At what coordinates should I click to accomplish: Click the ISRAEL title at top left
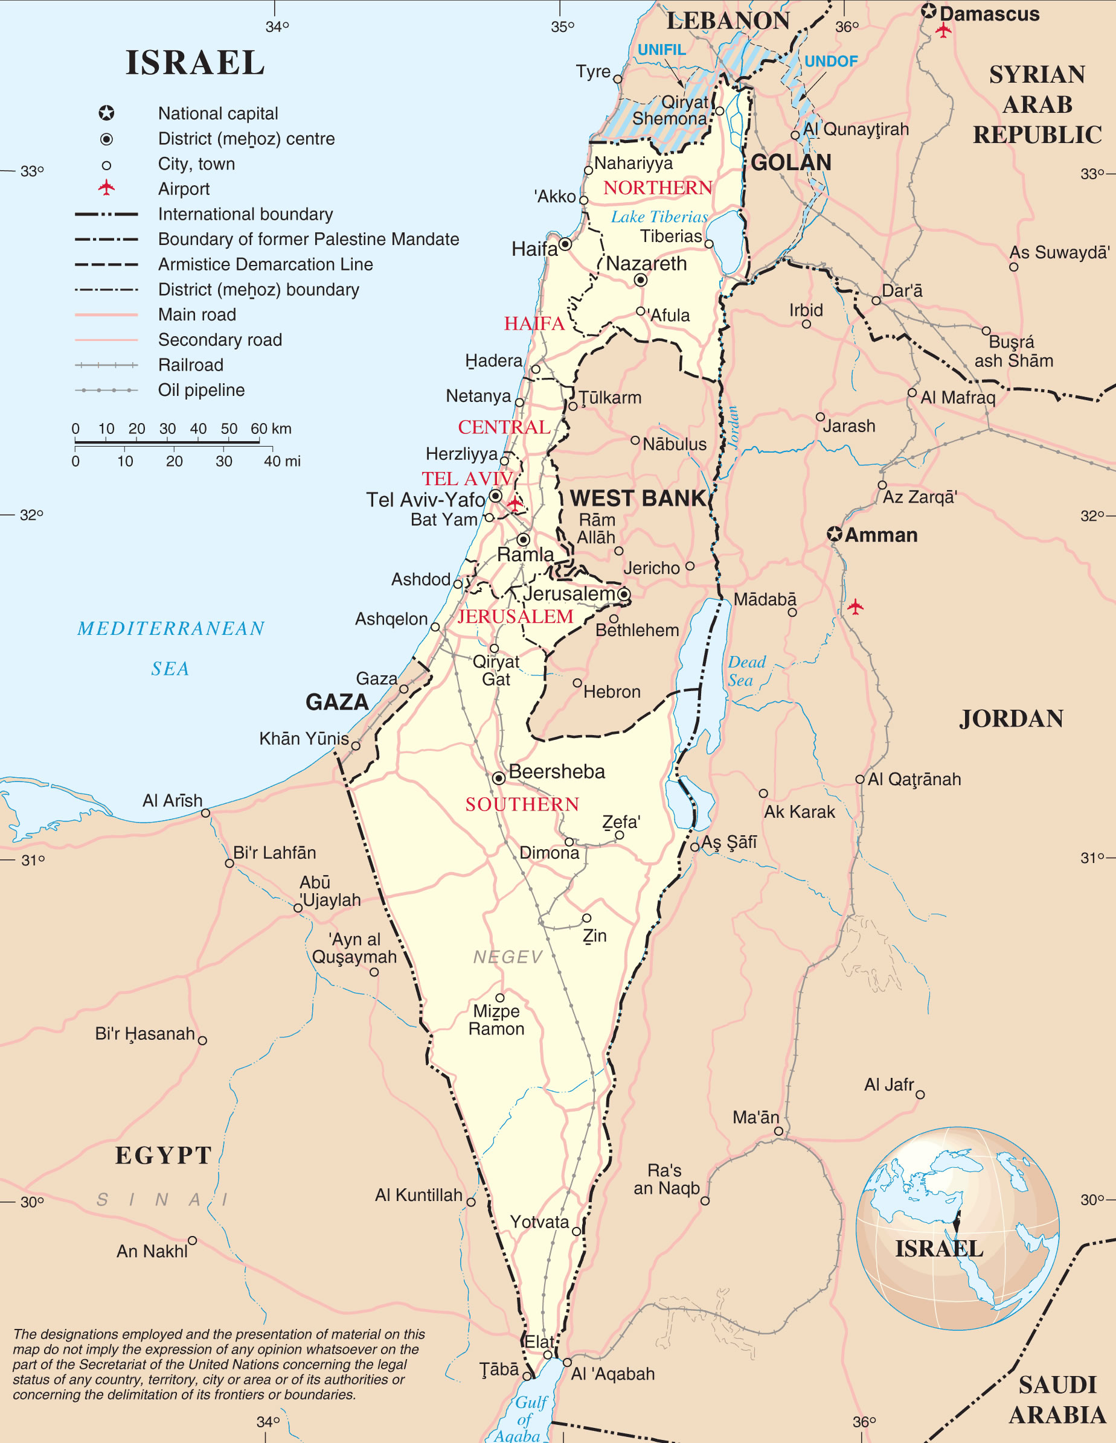pos(195,63)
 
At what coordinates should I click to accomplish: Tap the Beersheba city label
pos(556,771)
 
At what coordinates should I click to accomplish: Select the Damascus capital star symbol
pos(929,11)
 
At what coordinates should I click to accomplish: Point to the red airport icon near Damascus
pos(943,30)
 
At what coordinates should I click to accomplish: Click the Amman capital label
pos(880,535)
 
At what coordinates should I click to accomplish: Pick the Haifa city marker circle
pos(565,244)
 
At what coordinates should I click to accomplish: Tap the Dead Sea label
pos(746,671)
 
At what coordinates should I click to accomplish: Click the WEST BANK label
pos(637,498)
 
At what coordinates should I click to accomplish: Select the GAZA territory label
pos(336,702)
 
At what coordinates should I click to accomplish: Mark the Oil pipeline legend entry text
pos(201,390)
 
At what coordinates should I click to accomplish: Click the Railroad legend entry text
pos(190,365)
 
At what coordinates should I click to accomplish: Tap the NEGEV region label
pos(508,957)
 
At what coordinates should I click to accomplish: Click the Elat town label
pos(539,1341)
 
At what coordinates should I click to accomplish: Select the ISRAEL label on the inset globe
pos(939,1249)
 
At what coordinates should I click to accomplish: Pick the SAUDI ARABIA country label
pos(1057,1400)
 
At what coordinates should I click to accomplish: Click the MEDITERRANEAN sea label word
pos(170,628)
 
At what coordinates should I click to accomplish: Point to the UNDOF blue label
pos(830,62)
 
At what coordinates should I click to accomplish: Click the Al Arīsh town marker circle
pos(205,813)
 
